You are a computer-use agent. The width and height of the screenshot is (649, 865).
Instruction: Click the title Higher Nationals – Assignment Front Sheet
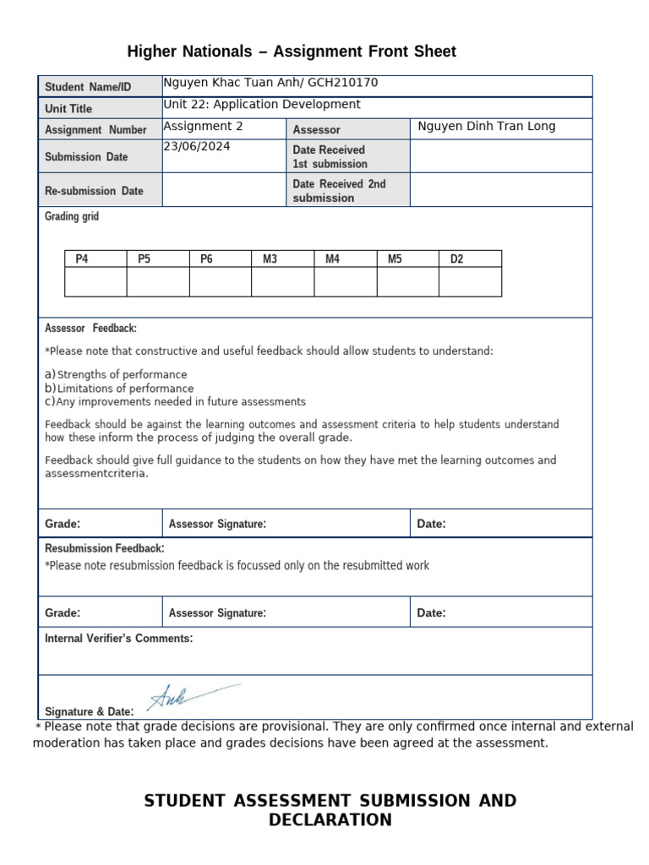click(x=292, y=52)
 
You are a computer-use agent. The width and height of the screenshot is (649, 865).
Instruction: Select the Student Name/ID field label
click(x=88, y=87)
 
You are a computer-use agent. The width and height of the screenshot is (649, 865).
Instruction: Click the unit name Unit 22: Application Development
click(x=262, y=105)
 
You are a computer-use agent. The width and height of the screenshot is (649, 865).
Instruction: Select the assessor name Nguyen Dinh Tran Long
click(x=487, y=127)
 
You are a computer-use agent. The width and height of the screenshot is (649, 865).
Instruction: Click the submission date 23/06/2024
click(x=197, y=146)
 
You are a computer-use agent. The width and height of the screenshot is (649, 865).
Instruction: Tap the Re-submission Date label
click(x=94, y=191)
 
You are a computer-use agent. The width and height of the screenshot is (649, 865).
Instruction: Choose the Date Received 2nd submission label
click(x=339, y=191)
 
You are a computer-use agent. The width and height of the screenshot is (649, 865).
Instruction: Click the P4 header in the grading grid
click(x=81, y=259)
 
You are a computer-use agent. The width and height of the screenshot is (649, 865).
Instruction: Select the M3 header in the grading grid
click(x=270, y=259)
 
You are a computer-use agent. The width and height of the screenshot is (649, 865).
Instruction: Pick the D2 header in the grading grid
click(x=456, y=259)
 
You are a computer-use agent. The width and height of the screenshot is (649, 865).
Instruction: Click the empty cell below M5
click(x=407, y=282)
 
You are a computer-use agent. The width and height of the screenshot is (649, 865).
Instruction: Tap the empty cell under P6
click(x=220, y=282)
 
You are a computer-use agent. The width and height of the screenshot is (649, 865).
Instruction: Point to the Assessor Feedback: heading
click(x=90, y=329)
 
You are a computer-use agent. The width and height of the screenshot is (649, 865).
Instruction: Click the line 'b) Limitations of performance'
click(x=119, y=389)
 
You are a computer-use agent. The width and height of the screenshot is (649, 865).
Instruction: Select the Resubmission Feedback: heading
click(x=104, y=548)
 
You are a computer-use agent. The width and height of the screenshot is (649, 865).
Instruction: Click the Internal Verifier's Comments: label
click(x=118, y=639)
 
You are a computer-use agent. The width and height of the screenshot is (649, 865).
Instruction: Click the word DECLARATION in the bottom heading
click(x=330, y=820)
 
